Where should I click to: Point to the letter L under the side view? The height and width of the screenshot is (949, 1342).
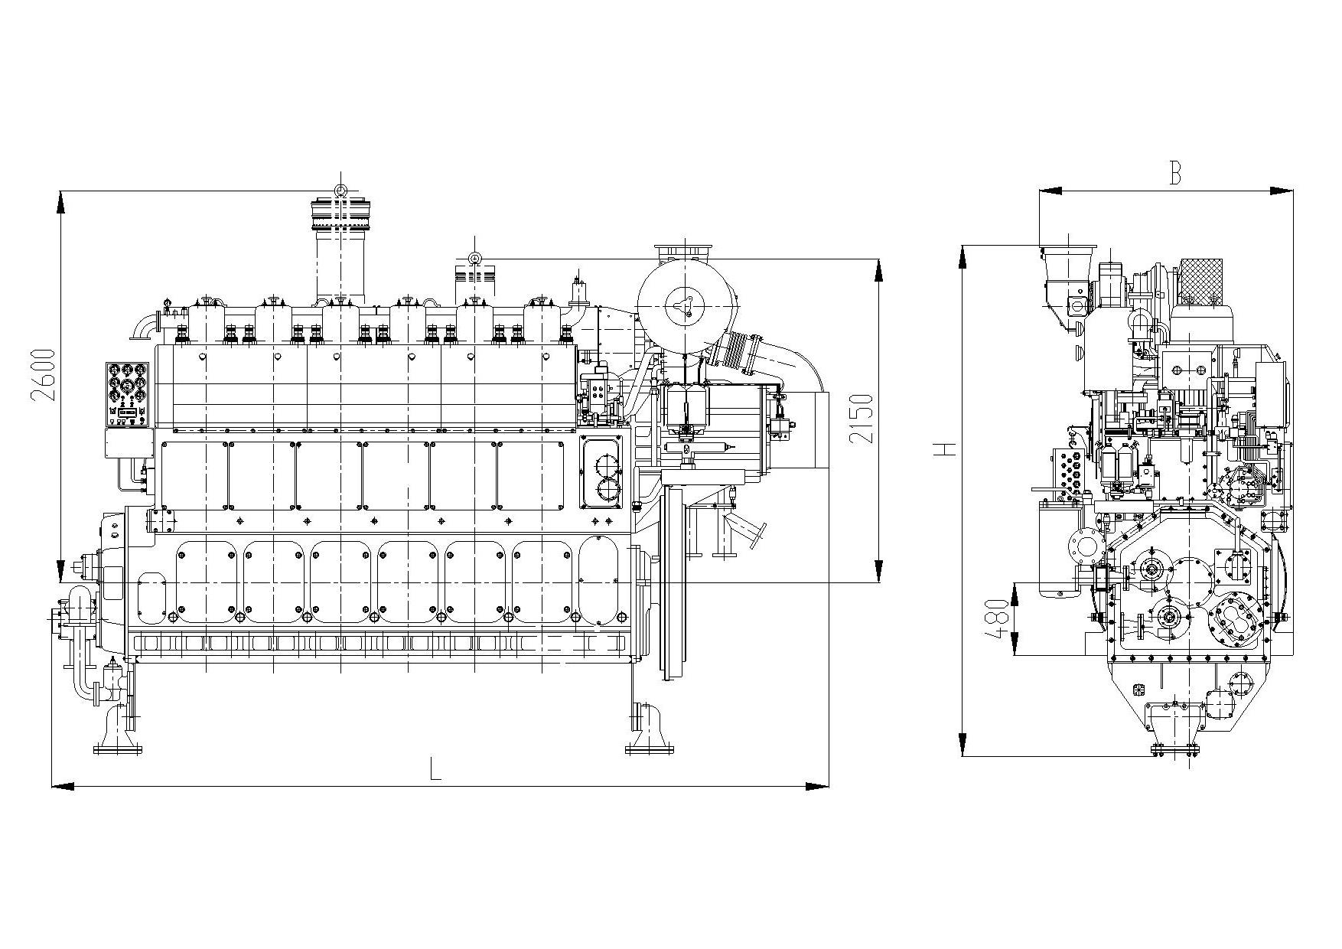point(435,768)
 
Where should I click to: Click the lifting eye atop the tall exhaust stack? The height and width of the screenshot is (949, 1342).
point(340,191)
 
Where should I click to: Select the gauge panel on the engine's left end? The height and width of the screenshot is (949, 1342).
point(129,393)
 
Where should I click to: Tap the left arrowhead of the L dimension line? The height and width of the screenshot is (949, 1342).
point(60,786)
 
